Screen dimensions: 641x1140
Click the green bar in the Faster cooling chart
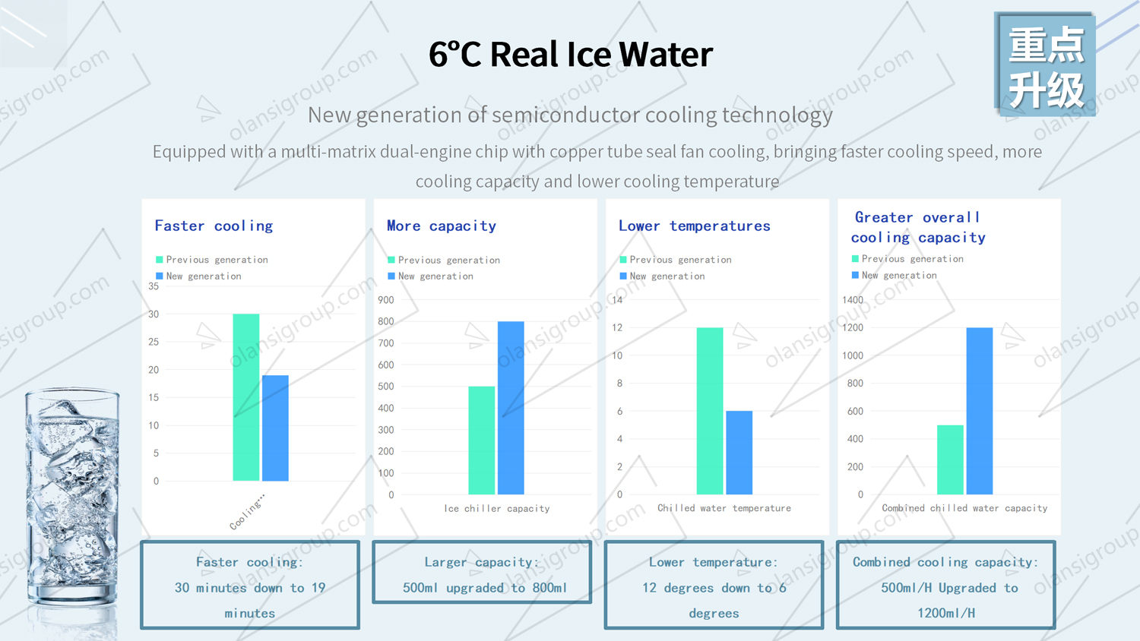(x=245, y=397)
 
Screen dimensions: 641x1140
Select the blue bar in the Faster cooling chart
(x=275, y=428)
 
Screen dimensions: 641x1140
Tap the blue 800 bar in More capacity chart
(x=511, y=408)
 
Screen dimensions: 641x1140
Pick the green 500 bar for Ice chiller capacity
(x=481, y=440)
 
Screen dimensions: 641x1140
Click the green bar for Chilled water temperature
(x=710, y=411)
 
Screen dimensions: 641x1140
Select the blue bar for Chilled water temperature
(x=739, y=453)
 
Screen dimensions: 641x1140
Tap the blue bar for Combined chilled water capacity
(x=979, y=411)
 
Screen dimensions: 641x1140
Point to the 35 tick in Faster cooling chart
(x=154, y=286)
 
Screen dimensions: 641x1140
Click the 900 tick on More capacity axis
(x=386, y=300)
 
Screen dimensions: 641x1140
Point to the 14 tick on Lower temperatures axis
(x=617, y=300)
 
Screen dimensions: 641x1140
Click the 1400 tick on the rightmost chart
(x=853, y=300)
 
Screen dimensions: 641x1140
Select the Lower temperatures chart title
(x=694, y=226)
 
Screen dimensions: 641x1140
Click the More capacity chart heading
(x=441, y=226)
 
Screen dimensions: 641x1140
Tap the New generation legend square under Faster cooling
(x=160, y=276)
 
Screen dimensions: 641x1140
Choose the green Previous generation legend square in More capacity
(x=391, y=260)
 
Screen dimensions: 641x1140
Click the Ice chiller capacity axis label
(x=496, y=509)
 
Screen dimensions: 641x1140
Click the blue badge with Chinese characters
(x=1045, y=65)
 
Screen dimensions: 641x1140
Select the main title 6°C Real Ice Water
(x=570, y=54)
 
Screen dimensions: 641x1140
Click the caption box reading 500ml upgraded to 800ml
(x=482, y=573)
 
